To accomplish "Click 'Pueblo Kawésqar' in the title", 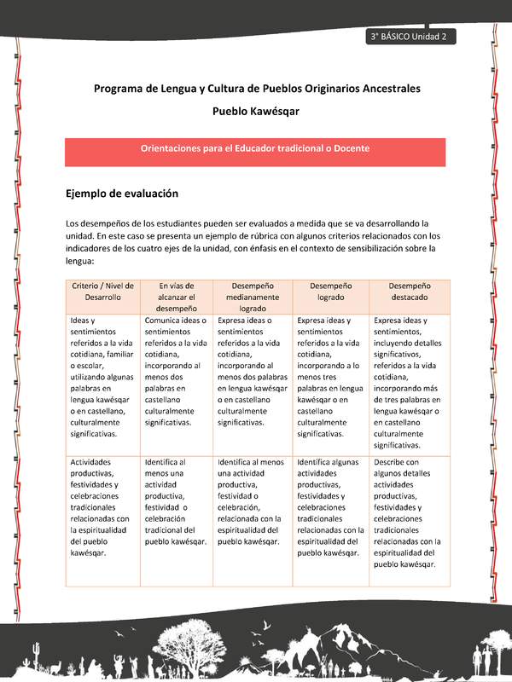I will point(255,111).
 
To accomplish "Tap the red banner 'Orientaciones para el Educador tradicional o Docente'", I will point(255,148).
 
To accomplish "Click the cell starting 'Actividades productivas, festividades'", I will point(103,507).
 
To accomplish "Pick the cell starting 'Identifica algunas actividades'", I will point(329,507).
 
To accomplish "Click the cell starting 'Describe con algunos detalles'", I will point(409,512).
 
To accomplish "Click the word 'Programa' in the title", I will point(119,88).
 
